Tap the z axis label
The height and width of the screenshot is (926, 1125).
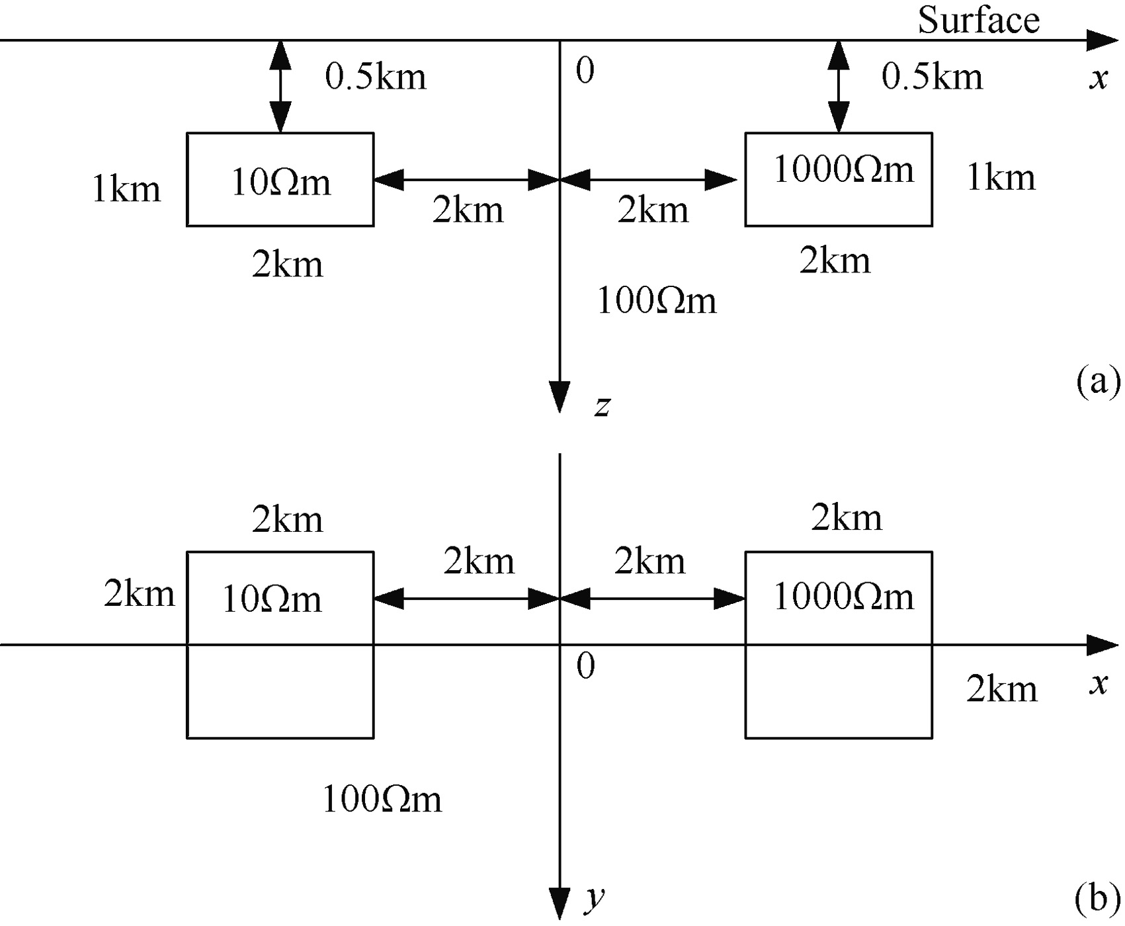pyautogui.click(x=602, y=405)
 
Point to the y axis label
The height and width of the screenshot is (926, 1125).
pyautogui.click(x=595, y=898)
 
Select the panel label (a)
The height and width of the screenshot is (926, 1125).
pyautogui.click(x=1098, y=382)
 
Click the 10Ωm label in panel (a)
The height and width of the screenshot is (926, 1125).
pyautogui.click(x=280, y=182)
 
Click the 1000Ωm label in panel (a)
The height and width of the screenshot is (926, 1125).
pyautogui.click(x=843, y=169)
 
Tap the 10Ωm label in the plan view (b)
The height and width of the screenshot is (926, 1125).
pyautogui.click(x=271, y=599)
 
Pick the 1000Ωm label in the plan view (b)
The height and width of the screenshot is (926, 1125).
pyautogui.click(x=843, y=597)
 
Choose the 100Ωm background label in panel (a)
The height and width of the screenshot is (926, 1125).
pyautogui.click(x=656, y=300)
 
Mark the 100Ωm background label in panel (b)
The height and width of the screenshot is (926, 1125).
pyautogui.click(x=382, y=799)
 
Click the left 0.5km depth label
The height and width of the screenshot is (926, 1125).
pyautogui.click(x=375, y=77)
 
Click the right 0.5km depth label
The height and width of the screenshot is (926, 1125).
pyautogui.click(x=932, y=77)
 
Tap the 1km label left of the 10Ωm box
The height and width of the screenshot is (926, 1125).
pyautogui.click(x=126, y=189)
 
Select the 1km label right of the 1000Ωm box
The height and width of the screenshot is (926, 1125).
pyautogui.click(x=1001, y=177)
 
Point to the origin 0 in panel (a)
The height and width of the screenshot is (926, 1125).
pyautogui.click(x=585, y=70)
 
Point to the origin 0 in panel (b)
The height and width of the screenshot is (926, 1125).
pyautogui.click(x=585, y=666)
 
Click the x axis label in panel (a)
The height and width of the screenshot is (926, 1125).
pyautogui.click(x=1098, y=78)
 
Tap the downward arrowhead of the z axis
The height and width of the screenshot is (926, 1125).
pyautogui.click(x=560, y=397)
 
